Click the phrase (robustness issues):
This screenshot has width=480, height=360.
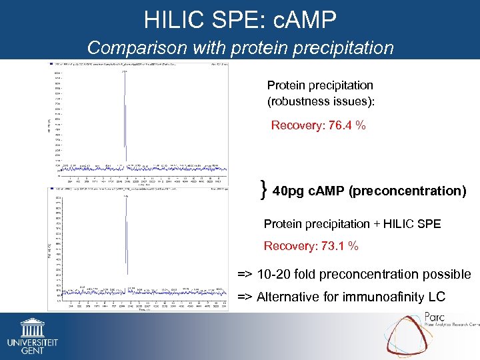pyautogui.click(x=321, y=101)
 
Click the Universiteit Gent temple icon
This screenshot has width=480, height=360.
pyautogui.click(x=31, y=327)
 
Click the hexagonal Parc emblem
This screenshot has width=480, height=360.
pyautogui.click(x=407, y=333)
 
